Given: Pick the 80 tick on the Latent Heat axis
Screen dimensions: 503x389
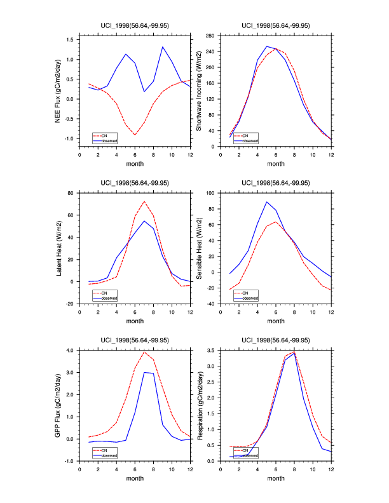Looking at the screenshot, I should point(71,192).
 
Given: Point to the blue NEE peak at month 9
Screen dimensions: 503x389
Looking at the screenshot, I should point(163,46).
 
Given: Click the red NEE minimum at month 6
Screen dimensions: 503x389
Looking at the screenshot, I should point(135,135).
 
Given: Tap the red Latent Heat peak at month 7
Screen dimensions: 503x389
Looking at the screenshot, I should point(144,201).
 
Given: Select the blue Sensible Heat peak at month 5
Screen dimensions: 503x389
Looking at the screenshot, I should point(266,202).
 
